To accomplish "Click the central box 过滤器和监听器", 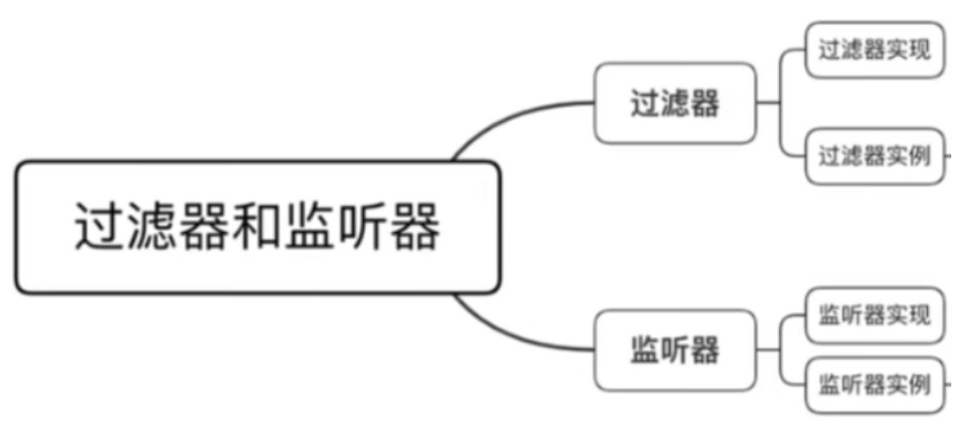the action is [x=258, y=227].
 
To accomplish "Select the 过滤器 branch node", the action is [x=674, y=103].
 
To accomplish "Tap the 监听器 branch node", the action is [x=674, y=351].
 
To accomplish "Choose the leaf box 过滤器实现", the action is [x=873, y=50].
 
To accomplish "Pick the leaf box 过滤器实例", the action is [x=873, y=156].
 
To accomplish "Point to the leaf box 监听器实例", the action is [x=873, y=383].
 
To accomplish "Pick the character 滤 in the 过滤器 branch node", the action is [x=674, y=103].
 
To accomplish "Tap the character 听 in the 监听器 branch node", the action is [x=674, y=351].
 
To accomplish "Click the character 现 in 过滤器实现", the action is [x=918, y=50].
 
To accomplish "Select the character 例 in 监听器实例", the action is [x=918, y=383].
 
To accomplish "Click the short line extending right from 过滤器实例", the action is [x=948, y=156].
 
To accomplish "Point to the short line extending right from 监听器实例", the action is [x=948, y=383].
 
